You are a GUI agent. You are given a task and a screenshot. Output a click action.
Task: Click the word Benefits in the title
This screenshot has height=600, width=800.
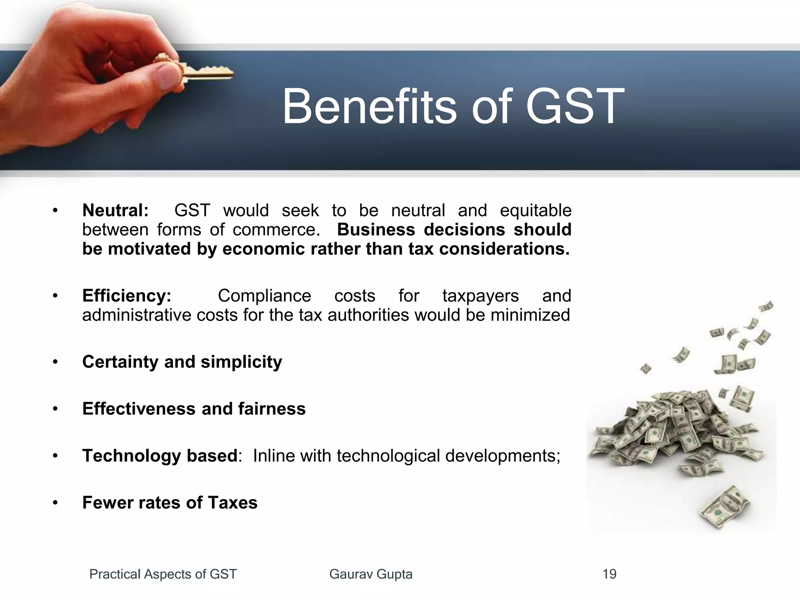click(369, 106)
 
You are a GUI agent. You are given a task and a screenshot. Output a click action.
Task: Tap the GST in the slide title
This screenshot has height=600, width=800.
click(575, 106)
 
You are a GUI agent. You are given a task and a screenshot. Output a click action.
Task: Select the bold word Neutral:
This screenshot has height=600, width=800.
click(116, 211)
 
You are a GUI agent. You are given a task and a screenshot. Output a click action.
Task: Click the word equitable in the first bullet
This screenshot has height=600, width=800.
click(536, 211)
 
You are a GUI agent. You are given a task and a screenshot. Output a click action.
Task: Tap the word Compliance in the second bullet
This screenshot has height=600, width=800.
click(264, 296)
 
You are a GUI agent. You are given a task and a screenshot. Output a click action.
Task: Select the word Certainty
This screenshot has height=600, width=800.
click(120, 362)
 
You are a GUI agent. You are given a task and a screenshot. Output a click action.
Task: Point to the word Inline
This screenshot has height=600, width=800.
click(273, 455)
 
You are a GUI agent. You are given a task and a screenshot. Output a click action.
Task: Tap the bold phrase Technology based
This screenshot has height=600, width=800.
click(160, 455)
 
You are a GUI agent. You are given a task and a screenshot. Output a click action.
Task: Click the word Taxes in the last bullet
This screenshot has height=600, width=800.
click(233, 502)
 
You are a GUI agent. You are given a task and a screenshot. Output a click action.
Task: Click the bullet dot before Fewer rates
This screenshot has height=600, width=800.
click(55, 503)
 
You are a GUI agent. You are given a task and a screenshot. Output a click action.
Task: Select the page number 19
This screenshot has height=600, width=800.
click(609, 574)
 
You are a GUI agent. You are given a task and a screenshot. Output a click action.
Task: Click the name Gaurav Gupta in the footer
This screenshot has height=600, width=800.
click(371, 574)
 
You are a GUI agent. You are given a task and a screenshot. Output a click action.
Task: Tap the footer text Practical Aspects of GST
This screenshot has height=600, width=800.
click(163, 574)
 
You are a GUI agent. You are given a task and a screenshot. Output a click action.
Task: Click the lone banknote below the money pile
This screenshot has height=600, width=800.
click(725, 510)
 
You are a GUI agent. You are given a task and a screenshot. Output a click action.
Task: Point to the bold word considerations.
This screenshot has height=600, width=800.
click(504, 249)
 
